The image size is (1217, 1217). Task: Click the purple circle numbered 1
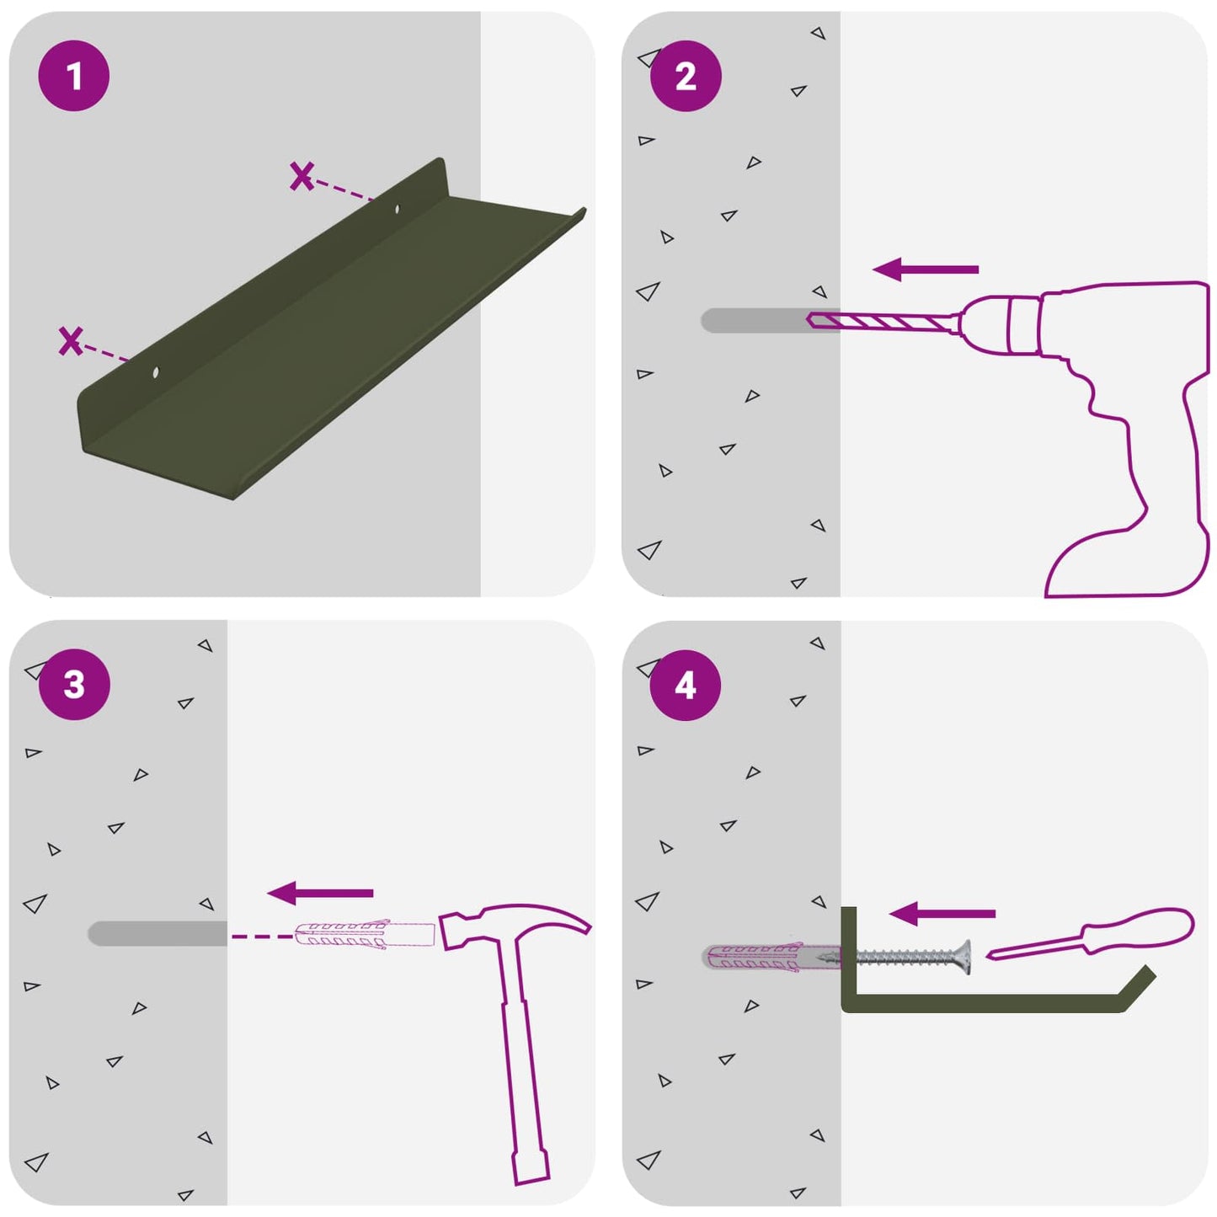click(74, 76)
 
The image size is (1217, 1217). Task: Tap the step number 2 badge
click(686, 76)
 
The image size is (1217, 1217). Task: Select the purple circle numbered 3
click(74, 685)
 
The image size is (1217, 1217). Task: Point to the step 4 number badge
click(686, 686)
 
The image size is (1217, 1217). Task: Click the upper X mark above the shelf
click(302, 176)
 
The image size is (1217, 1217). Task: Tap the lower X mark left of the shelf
click(71, 341)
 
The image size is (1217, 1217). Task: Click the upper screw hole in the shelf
click(398, 208)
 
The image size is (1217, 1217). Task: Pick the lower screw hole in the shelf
click(155, 372)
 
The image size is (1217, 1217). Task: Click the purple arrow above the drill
click(926, 270)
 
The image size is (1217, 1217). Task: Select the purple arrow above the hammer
click(320, 893)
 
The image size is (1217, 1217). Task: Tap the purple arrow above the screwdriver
click(942, 913)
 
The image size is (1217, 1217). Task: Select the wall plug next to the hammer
click(365, 936)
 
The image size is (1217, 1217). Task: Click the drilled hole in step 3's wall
click(157, 933)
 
